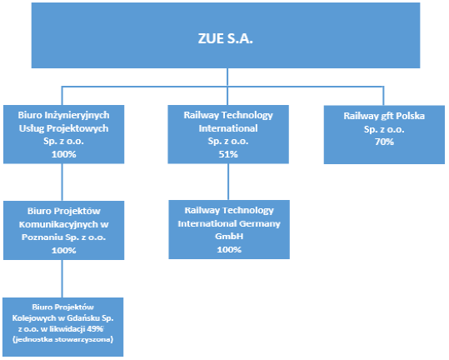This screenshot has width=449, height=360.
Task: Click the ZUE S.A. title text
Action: click(x=226, y=38)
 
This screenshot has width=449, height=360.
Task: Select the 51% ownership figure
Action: click(x=228, y=155)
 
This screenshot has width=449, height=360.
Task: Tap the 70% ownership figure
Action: click(x=384, y=142)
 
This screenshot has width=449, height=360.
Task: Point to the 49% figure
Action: click(x=95, y=329)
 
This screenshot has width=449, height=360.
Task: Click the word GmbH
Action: click(x=229, y=237)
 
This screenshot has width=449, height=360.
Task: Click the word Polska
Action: click(x=410, y=116)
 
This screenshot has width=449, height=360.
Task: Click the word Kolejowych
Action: click(x=31, y=317)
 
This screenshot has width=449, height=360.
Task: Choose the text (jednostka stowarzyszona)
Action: click(x=63, y=340)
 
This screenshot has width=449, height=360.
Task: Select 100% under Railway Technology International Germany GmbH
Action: click(x=229, y=250)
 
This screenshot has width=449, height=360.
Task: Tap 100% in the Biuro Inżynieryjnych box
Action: click(x=63, y=155)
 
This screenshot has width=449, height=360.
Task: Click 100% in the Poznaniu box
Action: click(x=63, y=251)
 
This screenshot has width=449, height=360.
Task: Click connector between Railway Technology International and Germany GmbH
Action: click(x=228, y=182)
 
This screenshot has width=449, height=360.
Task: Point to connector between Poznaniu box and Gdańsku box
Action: click(x=62, y=278)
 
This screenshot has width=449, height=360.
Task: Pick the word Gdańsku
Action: click(x=83, y=317)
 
